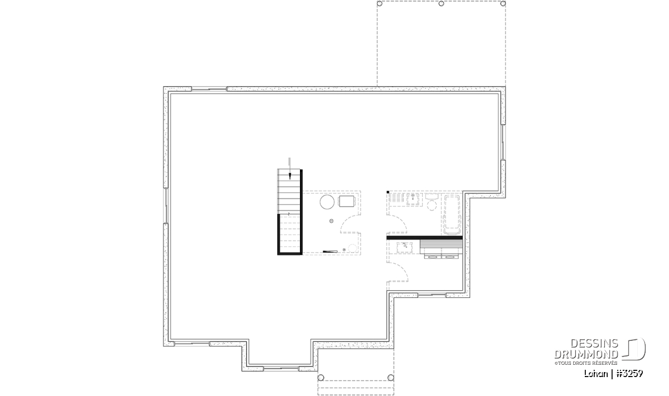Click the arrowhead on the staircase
point(290,176)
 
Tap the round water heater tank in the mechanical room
point(327,202)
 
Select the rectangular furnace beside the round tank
point(346,201)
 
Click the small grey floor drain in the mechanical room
point(331,221)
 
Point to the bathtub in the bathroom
point(452,215)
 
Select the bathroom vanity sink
point(413,199)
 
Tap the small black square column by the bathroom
point(387,192)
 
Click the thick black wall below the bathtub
point(424,238)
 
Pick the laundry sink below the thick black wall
point(405,248)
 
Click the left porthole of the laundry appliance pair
point(433,257)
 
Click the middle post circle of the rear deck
point(441,3)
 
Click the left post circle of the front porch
point(321,378)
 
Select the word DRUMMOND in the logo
point(586,354)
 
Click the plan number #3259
point(629,374)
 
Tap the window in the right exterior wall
point(503,143)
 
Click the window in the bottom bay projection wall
point(281,368)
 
